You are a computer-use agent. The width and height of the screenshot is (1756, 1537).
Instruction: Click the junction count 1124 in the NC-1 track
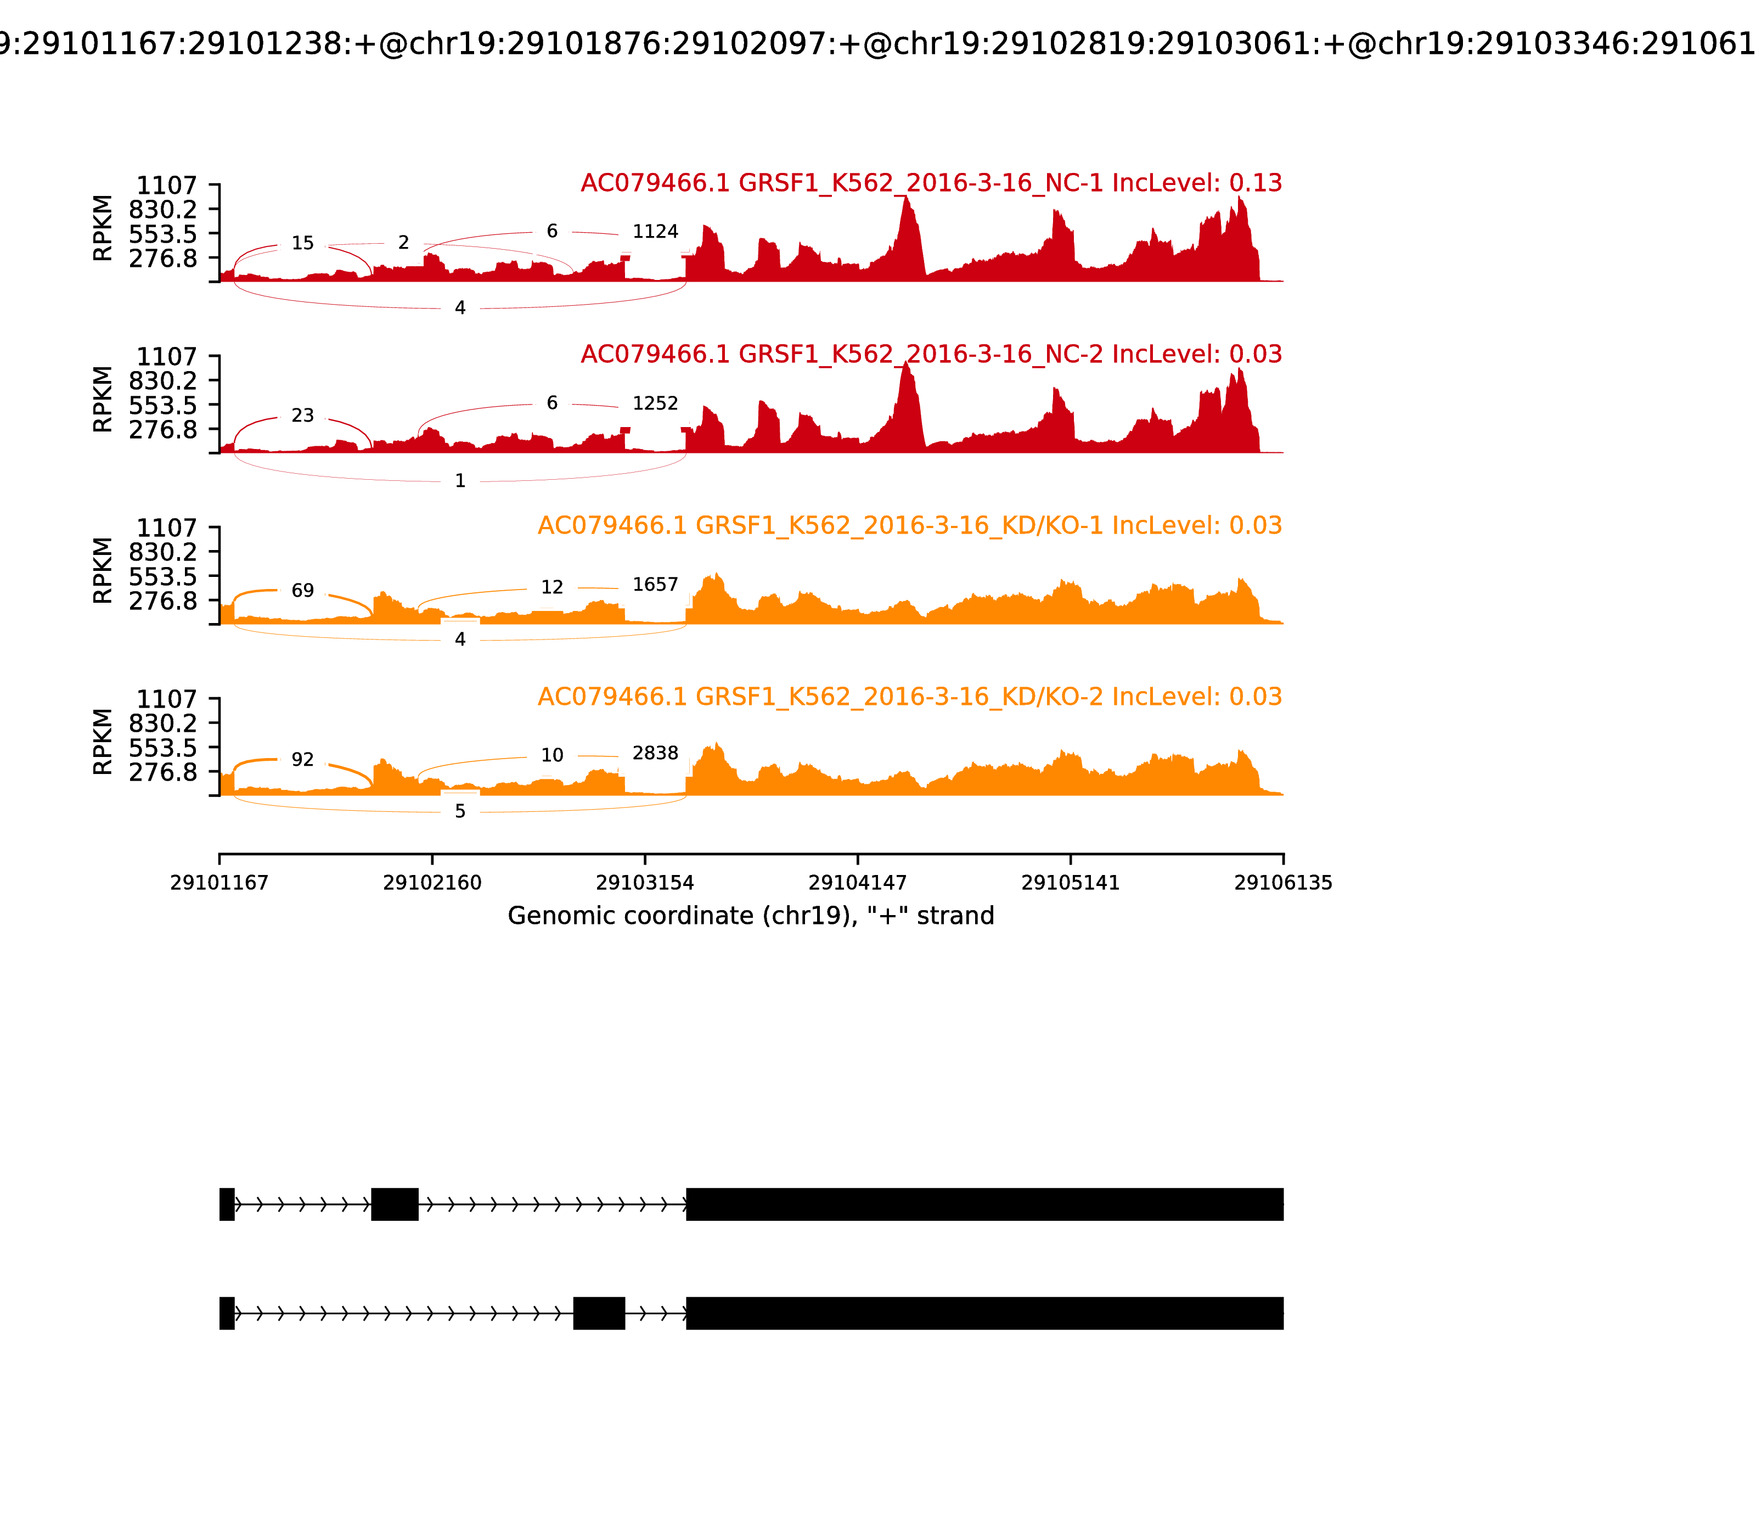coord(655,232)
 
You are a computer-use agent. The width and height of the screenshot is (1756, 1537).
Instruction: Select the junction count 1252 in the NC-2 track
coord(655,403)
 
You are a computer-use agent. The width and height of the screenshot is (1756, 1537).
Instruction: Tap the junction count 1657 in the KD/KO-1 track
coord(655,585)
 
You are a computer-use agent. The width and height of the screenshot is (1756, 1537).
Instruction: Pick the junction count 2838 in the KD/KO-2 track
coord(655,753)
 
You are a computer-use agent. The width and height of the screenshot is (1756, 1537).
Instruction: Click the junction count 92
coord(303,760)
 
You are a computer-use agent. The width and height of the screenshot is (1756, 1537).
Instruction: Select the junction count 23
coord(303,416)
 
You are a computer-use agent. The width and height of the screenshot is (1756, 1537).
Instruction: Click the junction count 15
coord(303,244)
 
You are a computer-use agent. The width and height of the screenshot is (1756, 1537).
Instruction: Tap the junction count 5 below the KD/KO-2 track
coord(460,811)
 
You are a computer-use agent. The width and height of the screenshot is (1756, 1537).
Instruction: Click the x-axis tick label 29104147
coord(857,883)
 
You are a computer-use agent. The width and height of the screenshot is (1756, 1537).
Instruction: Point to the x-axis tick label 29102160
coord(432,883)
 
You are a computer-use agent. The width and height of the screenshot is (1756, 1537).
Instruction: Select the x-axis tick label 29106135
coord(1283,883)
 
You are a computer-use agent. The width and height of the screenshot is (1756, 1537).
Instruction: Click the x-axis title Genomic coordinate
coord(751,916)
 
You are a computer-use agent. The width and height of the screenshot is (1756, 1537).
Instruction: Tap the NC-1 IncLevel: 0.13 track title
coord(931,183)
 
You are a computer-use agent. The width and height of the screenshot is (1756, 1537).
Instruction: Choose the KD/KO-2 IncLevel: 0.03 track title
coord(910,697)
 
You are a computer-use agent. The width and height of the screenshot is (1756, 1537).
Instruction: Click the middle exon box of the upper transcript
coord(395,1204)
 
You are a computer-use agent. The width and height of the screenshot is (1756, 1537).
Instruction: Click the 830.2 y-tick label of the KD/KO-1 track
coord(163,552)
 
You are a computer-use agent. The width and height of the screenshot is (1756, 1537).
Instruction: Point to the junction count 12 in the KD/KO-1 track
coord(552,587)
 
